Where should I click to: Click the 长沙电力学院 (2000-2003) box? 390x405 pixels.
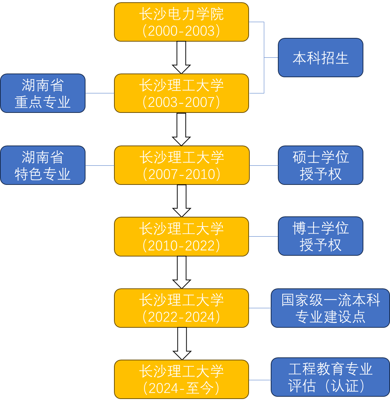click(181, 22)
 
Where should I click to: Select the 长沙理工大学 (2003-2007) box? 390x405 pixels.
click(181, 93)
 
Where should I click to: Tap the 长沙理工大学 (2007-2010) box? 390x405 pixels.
click(182, 165)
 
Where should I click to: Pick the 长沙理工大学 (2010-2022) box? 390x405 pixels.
click(181, 237)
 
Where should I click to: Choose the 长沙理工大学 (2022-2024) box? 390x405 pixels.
click(181, 308)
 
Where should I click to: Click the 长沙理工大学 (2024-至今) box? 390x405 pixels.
click(181, 379)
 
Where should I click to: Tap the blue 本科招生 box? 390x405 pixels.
click(321, 58)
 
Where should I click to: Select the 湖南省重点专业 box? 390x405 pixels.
click(43, 93)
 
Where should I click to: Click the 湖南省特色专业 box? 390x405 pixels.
click(43, 165)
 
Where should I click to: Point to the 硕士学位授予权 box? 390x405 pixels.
click(321, 165)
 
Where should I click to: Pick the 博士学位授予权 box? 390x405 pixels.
click(321, 236)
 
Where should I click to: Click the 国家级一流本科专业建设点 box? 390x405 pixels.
click(330, 308)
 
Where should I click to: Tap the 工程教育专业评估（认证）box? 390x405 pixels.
click(330, 377)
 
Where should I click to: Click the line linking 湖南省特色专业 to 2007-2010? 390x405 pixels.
click(100, 165)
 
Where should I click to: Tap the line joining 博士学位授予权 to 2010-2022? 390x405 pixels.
click(264, 236)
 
